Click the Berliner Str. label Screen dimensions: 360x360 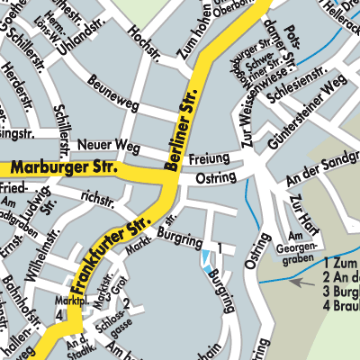183,128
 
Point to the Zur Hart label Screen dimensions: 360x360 301,214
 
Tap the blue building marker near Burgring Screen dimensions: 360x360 209,262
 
